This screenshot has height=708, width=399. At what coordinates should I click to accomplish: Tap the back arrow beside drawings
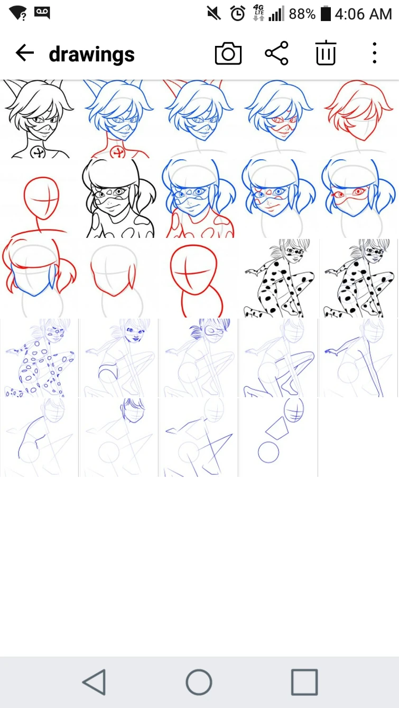click(25, 52)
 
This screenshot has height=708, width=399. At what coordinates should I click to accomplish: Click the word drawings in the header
click(92, 54)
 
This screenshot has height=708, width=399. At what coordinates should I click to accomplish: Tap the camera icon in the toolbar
click(228, 53)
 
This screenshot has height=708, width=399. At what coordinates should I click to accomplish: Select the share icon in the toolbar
click(276, 53)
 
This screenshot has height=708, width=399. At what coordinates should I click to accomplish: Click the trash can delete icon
click(326, 53)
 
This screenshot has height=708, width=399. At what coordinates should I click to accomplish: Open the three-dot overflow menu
click(374, 53)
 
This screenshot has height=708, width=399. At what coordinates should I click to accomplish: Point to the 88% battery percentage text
click(302, 14)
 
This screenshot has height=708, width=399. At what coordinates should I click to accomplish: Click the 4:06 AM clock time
click(363, 14)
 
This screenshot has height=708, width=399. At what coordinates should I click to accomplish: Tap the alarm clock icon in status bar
click(237, 14)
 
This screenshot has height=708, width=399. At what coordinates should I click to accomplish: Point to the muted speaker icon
click(214, 14)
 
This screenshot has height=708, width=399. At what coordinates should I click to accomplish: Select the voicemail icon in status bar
click(42, 13)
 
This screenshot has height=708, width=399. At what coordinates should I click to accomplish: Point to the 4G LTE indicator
click(259, 13)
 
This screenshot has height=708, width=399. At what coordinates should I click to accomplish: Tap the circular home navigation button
click(199, 682)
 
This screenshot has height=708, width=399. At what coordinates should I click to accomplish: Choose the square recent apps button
click(304, 682)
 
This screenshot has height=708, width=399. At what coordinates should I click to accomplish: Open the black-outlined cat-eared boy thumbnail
click(39, 119)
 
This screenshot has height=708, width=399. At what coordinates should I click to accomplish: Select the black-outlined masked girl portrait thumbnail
click(119, 198)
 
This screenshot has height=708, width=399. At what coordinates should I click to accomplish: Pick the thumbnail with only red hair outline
click(359, 119)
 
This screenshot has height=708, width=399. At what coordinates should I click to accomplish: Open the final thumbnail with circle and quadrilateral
click(279, 437)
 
